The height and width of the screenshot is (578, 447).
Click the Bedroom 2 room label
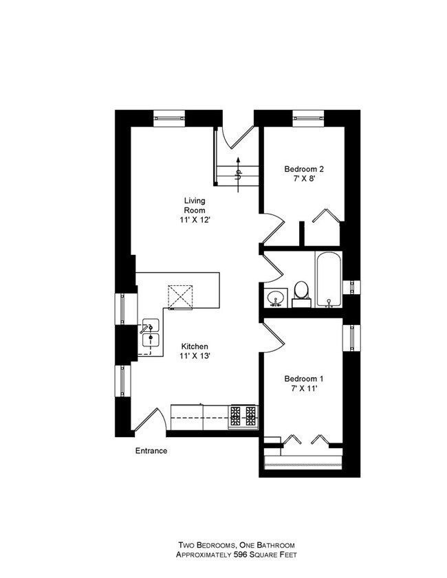(304, 169)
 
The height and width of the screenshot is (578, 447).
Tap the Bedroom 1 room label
(304, 379)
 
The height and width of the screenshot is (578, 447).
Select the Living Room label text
(194, 205)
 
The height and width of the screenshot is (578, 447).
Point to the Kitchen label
(195, 346)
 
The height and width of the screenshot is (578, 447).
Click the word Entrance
(151, 452)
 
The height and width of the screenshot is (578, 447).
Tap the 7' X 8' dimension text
(304, 179)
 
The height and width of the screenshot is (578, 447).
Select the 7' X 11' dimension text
(304, 389)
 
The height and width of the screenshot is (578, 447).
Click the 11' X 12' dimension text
(194, 221)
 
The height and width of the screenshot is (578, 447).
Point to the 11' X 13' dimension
(195, 357)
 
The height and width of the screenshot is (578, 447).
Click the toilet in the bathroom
(301, 292)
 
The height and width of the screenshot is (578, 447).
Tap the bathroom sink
(276, 298)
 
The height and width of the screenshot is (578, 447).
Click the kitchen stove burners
(243, 415)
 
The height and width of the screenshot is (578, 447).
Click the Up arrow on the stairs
(238, 168)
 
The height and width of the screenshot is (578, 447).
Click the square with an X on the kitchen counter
(181, 296)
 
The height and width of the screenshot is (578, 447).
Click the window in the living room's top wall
(169, 117)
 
